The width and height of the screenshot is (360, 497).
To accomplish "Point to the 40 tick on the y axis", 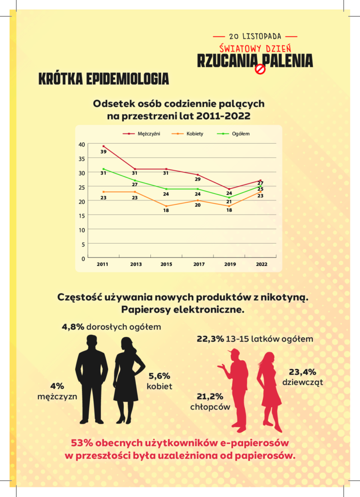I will [x=82, y=144].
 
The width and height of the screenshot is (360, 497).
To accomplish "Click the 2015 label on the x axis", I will [x=166, y=264].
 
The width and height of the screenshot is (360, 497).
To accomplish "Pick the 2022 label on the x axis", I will [x=261, y=264].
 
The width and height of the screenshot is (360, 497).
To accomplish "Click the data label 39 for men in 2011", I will [x=103, y=152].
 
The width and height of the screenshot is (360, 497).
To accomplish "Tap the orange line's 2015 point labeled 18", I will [x=166, y=211].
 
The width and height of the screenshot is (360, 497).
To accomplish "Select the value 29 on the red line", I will [x=197, y=179].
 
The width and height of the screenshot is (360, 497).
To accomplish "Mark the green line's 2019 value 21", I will [x=229, y=202].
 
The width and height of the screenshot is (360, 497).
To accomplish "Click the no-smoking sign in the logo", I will [x=261, y=69].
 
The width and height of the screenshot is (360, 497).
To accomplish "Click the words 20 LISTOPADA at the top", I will [x=255, y=36].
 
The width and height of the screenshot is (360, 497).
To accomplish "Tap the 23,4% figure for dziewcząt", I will [x=303, y=372].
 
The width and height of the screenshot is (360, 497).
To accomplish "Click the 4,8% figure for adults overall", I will [x=73, y=327].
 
